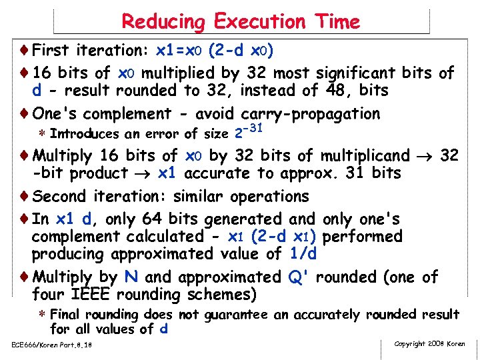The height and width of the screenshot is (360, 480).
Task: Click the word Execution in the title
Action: (x=254, y=22)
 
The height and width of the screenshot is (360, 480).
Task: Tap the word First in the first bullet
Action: (x=53, y=50)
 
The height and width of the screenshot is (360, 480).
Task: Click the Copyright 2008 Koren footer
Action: (x=430, y=344)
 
